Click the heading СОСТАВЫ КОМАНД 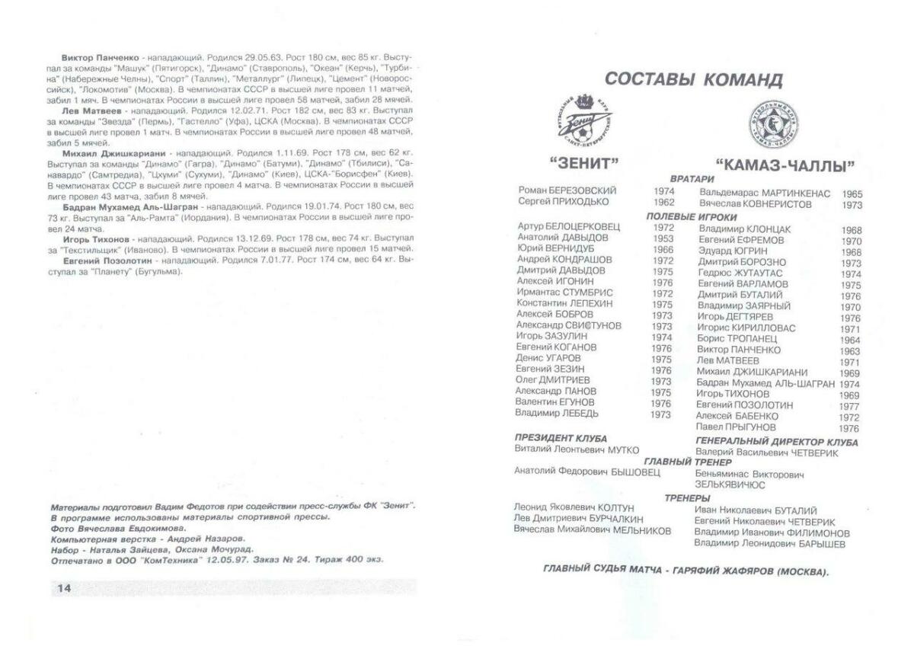693,79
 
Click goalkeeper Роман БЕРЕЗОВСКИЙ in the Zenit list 567,190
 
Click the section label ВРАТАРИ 692,178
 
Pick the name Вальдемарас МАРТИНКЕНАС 765,193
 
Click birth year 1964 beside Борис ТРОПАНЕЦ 851,340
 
